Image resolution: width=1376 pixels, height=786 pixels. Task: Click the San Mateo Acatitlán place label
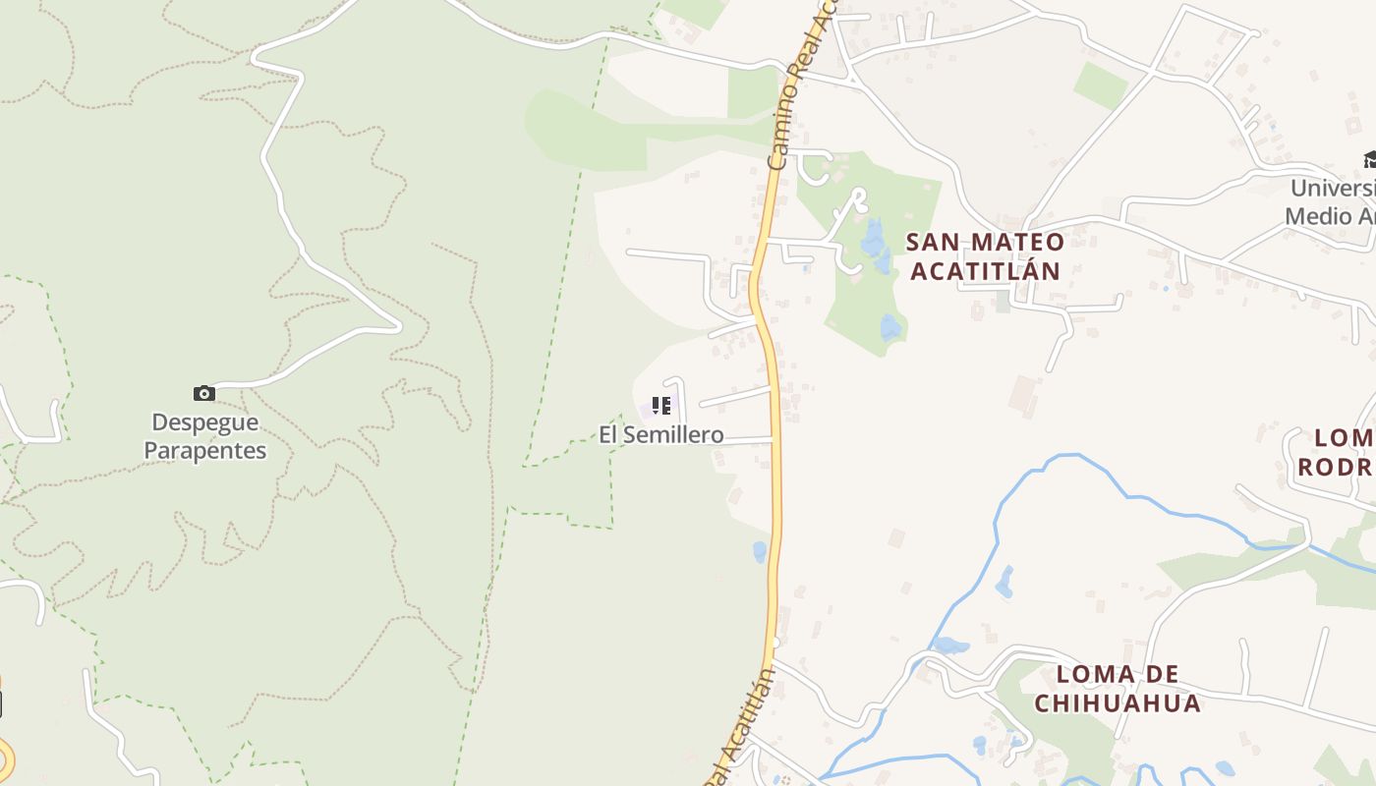985,255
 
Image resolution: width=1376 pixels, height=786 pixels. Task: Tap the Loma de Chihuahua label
1118,689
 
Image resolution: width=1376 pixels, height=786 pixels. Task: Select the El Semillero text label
661,434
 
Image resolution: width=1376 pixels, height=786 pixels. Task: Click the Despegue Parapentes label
205,436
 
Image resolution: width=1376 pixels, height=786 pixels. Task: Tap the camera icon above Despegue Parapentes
204,394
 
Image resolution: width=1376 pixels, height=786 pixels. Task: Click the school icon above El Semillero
661,405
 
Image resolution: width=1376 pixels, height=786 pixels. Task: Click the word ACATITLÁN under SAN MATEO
985,270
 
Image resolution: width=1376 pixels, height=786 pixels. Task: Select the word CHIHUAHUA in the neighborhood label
1118,703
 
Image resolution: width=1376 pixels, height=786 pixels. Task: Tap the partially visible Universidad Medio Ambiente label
1333,201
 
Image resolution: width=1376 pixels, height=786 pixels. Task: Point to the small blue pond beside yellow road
759,551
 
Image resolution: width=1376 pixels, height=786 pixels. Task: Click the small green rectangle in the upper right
1100,85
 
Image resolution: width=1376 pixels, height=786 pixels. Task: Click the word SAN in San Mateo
930,242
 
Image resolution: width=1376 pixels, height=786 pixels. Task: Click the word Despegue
205,422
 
